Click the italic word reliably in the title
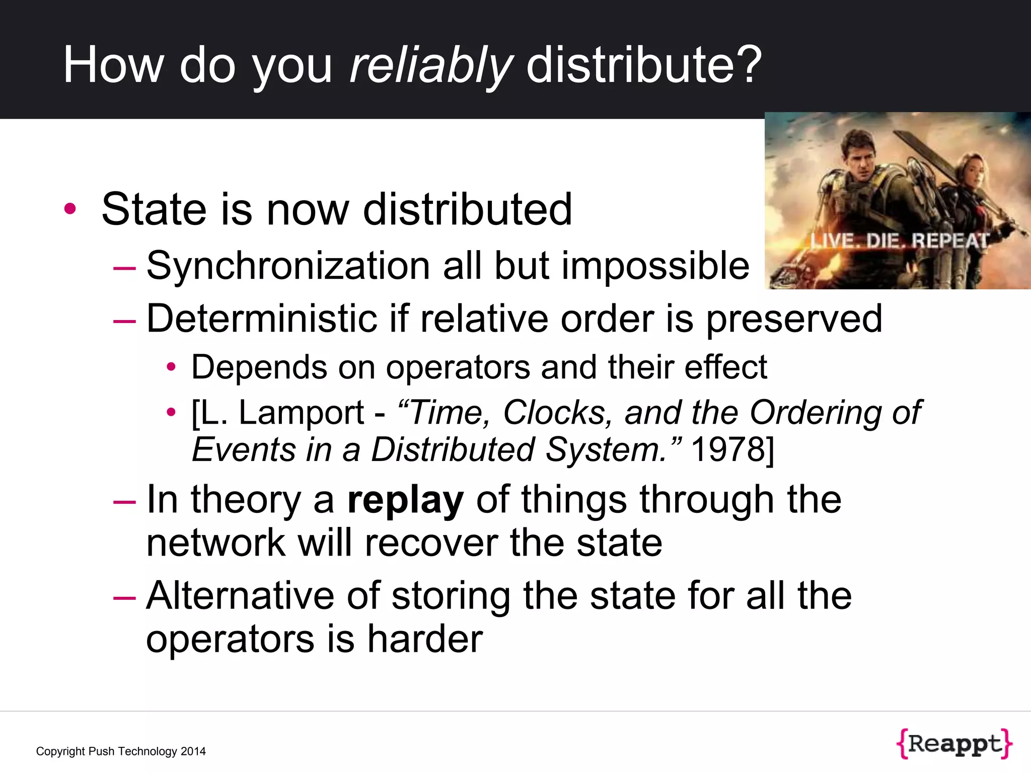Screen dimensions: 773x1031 [431, 65]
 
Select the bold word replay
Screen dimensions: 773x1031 [405, 500]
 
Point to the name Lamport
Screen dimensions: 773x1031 [301, 413]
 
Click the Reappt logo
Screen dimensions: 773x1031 [954, 743]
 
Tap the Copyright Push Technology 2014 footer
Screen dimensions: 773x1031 [121, 751]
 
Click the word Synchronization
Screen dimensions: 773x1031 [288, 266]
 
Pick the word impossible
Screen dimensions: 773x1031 [655, 266]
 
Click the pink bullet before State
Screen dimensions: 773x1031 [70, 209]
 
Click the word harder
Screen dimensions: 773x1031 [425, 639]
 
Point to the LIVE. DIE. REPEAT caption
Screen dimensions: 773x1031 [900, 241]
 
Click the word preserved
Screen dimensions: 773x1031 [794, 319]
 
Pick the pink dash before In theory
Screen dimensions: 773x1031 [124, 501]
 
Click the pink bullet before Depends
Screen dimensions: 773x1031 [171, 367]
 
